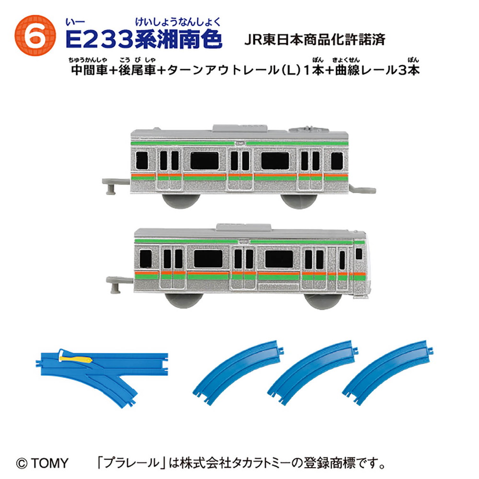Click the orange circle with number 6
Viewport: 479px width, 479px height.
pyautogui.click(x=35, y=35)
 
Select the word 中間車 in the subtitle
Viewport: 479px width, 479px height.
pyautogui.click(x=89, y=70)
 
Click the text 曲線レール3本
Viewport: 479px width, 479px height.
pyautogui.click(x=377, y=70)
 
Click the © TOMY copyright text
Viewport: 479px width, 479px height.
pyautogui.click(x=42, y=463)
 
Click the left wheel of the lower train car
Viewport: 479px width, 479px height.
pyautogui.click(x=184, y=301)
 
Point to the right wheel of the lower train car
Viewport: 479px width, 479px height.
pyautogui.click(x=324, y=301)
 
